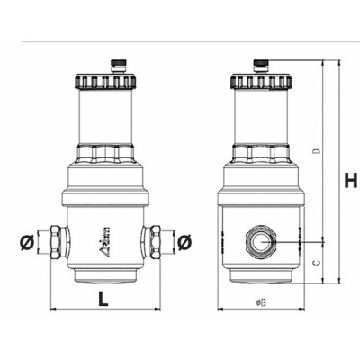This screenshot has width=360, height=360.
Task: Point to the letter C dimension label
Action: point(315,262)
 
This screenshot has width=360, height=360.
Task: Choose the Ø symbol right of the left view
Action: point(185,243)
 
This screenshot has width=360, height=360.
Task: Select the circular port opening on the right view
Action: point(260,243)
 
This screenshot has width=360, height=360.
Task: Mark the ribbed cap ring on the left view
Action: point(104,82)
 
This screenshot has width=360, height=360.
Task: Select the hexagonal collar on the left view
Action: point(104,151)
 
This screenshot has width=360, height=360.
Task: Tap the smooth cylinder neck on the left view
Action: point(104,117)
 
